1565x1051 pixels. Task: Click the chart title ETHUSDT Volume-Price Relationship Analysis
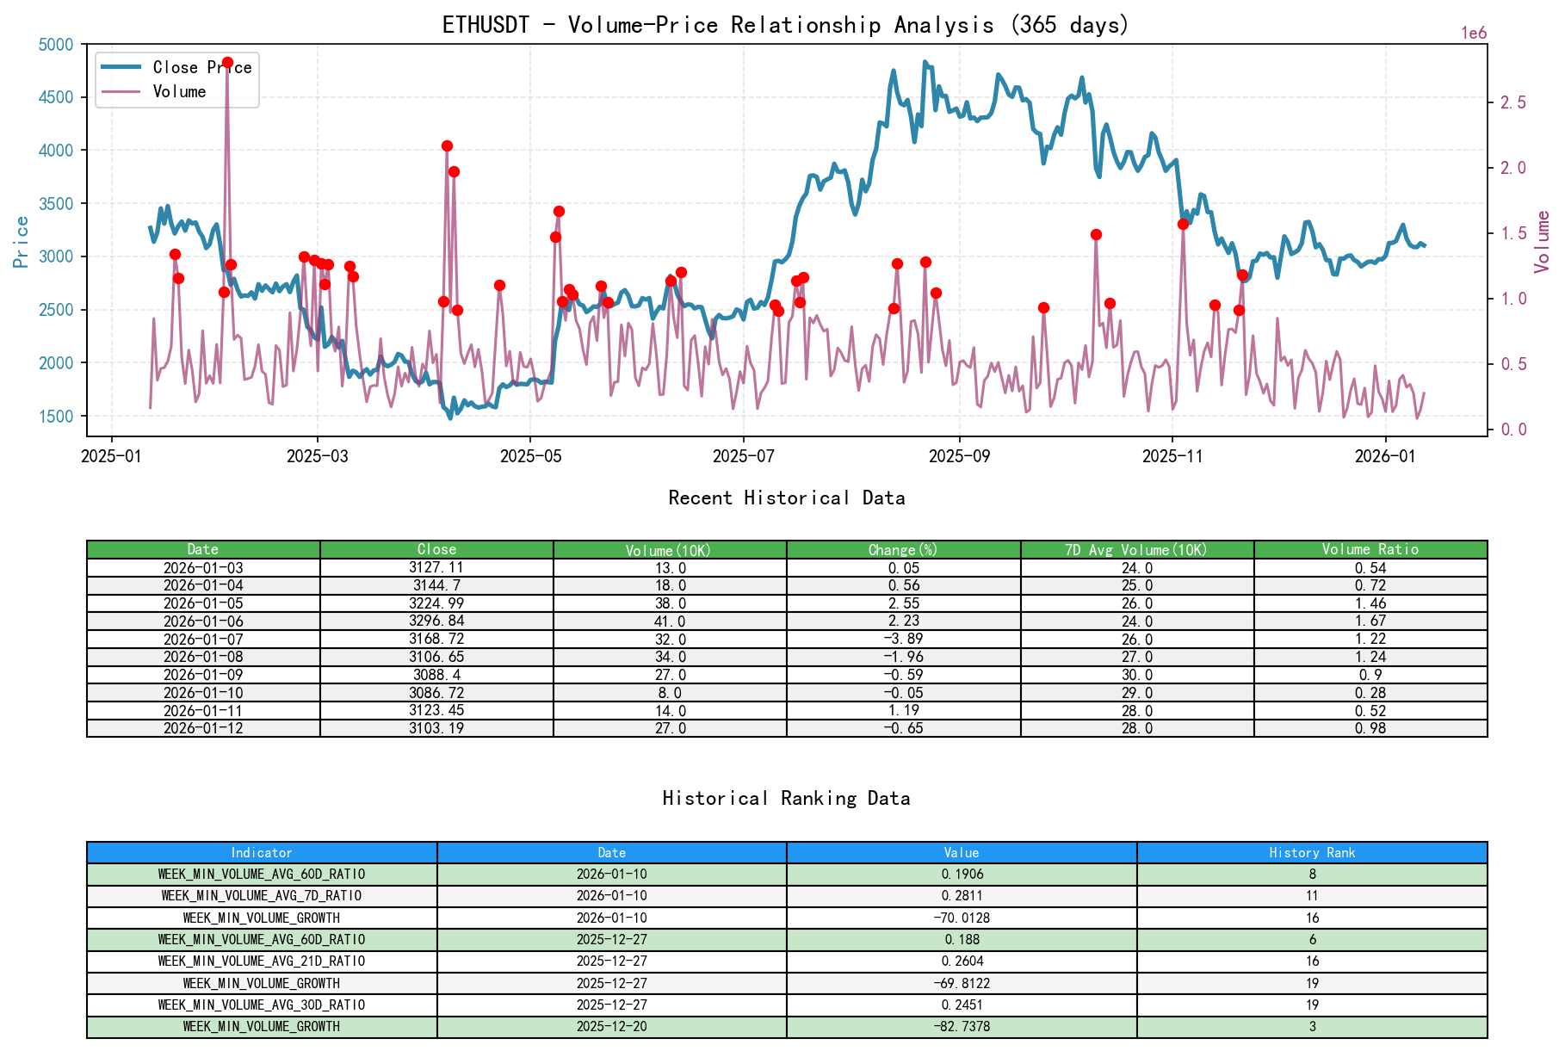tap(785, 25)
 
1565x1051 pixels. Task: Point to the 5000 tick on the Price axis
tap(57, 45)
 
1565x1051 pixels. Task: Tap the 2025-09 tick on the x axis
tap(959, 456)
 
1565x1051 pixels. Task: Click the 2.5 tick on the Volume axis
tap(1513, 103)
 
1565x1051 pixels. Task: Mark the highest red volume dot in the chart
tap(227, 63)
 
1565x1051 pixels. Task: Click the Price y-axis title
tap(22, 242)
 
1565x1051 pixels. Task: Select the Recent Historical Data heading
tap(786, 498)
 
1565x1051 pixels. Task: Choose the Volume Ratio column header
tap(1370, 550)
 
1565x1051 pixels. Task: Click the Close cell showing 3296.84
tap(436, 621)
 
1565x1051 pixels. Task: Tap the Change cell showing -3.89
tap(903, 640)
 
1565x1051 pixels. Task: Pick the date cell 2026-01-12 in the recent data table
tap(203, 729)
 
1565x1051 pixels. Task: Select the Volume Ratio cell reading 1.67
tap(1370, 621)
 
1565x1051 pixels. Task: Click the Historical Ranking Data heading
tap(786, 799)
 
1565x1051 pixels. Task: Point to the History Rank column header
tap(1311, 853)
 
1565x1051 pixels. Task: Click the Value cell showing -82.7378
tap(961, 1027)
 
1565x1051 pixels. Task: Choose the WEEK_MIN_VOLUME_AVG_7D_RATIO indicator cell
tap(262, 896)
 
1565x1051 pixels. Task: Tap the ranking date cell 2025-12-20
tap(611, 1027)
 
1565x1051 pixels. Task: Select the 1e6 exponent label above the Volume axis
tap(1474, 34)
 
